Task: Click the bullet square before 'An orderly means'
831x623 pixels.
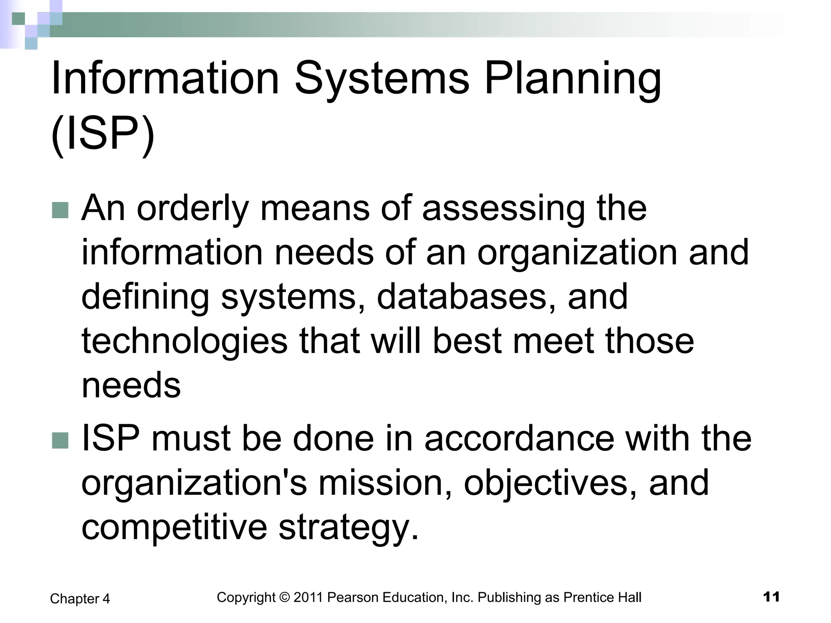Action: pyautogui.click(x=60, y=210)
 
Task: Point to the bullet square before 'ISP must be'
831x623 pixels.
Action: pyautogui.click(x=60, y=440)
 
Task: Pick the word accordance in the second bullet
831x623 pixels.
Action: pyautogui.click(x=519, y=439)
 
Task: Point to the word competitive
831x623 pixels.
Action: pyautogui.click(x=174, y=527)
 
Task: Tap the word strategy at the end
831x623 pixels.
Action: pyautogui.click(x=348, y=527)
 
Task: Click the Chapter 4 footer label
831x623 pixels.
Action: pyautogui.click(x=80, y=599)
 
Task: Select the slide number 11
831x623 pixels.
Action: pyautogui.click(x=771, y=597)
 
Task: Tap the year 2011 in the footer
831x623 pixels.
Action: pyautogui.click(x=308, y=597)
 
